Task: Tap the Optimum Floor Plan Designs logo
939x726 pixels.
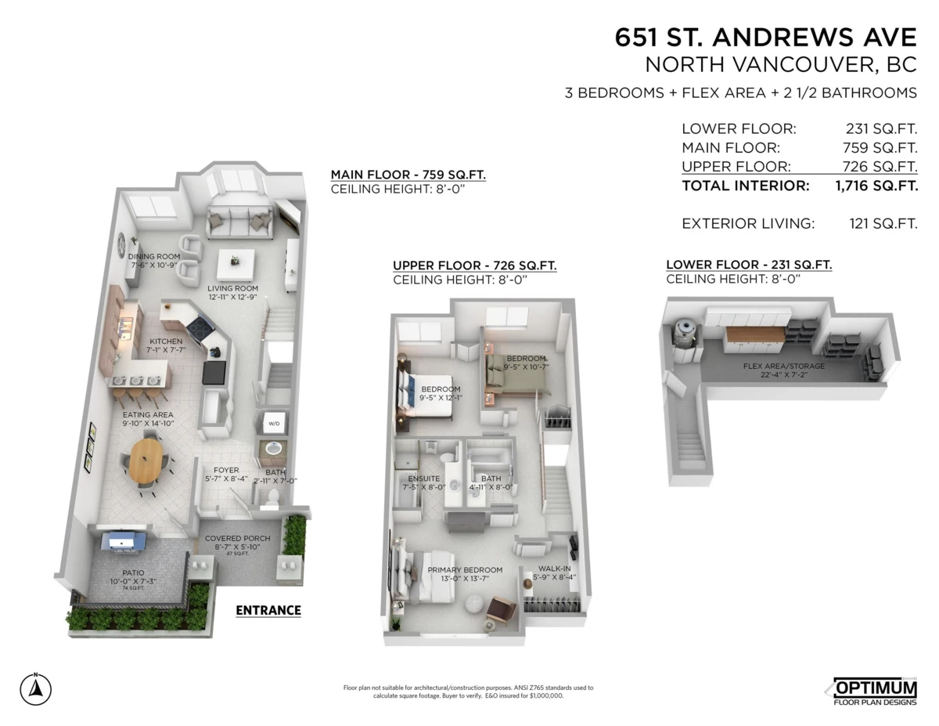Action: (872, 691)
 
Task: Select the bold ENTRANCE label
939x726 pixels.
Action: (268, 610)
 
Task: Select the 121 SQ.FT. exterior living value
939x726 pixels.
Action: (883, 224)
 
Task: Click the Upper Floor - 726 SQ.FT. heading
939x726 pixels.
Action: (475, 265)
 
